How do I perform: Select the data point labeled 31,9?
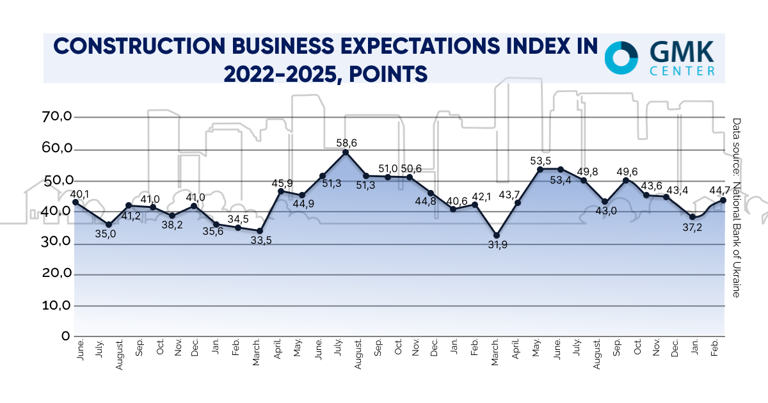(x=497, y=235)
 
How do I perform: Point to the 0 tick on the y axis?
(x=65, y=336)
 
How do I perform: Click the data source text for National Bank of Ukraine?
(x=736, y=207)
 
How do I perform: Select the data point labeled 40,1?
(x=76, y=202)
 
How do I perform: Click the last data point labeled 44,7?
(x=723, y=200)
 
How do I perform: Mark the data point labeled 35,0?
(x=109, y=225)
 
